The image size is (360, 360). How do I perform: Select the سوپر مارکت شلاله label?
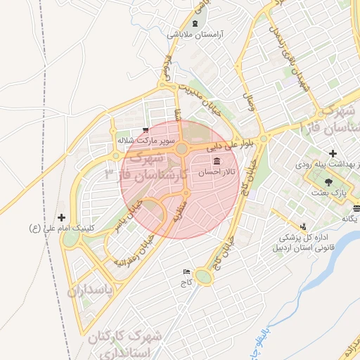click(144, 140)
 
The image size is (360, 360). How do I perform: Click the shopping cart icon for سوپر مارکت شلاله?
click(145, 130)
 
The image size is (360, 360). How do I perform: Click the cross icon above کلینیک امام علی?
click(62, 217)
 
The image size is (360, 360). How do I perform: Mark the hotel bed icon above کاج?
click(186, 271)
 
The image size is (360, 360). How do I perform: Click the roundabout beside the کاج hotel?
click(204, 277)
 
